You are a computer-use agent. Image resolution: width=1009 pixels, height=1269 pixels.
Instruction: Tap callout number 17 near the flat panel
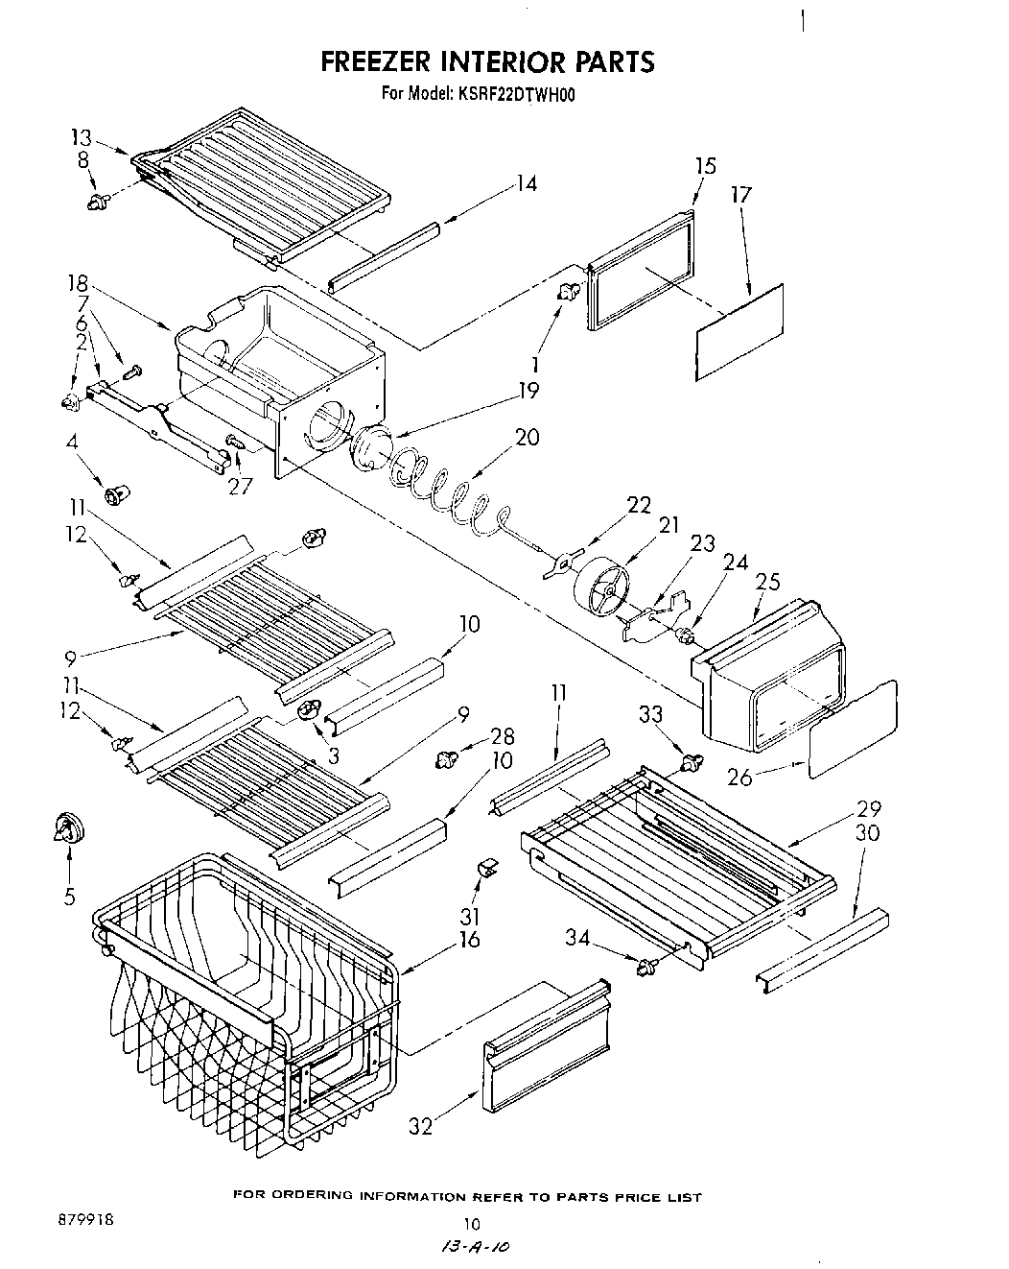(740, 195)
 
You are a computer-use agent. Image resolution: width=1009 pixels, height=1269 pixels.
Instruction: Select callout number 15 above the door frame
(704, 166)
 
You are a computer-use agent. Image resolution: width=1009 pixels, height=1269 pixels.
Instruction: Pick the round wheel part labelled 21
(601, 588)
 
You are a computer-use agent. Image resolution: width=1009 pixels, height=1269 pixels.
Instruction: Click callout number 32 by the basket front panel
(420, 1126)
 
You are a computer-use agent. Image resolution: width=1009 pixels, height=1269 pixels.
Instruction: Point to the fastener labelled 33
(688, 763)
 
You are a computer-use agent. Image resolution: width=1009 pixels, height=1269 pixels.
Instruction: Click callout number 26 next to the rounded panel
(739, 777)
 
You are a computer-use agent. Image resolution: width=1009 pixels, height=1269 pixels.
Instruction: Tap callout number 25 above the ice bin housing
(767, 583)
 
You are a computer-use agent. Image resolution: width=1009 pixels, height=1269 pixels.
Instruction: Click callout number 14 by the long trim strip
(525, 184)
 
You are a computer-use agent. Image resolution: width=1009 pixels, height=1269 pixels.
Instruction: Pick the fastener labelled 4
(120, 494)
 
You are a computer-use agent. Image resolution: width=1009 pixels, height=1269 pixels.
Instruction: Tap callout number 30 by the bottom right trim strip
(866, 833)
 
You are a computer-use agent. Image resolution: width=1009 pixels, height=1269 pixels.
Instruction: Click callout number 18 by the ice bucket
(78, 284)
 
